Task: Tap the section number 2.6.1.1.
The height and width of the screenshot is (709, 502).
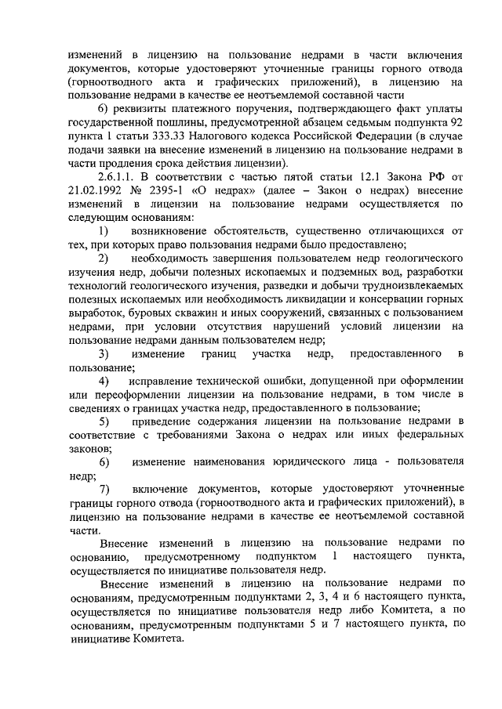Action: point(118,176)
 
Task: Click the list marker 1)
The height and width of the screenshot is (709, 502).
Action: point(103,231)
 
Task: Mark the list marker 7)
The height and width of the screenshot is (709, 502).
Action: point(103,489)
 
